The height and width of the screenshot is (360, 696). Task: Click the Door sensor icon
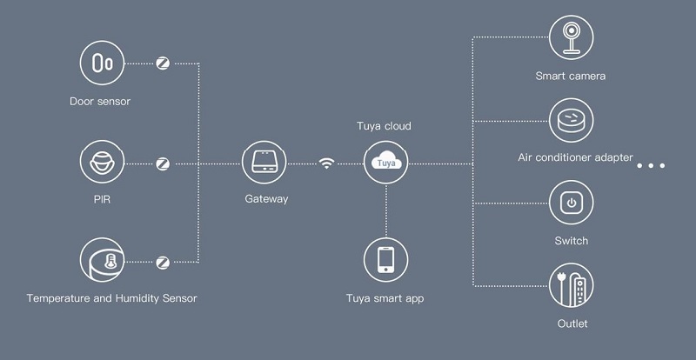point(102,63)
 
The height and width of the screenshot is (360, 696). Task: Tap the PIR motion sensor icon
point(102,163)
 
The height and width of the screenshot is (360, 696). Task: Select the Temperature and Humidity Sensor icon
point(102,261)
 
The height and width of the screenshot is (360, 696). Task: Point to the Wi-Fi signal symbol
point(326,163)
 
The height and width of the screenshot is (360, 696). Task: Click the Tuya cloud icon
point(385,163)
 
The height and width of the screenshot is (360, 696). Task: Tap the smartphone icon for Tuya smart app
point(385,261)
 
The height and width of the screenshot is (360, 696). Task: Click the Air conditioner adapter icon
point(571,119)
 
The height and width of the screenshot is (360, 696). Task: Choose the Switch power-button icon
point(571,203)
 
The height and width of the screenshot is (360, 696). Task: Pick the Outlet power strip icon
point(572,286)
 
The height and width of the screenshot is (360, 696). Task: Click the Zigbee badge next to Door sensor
point(163,63)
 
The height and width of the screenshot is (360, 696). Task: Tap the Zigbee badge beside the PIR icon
point(163,163)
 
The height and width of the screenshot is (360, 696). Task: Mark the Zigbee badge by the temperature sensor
point(163,261)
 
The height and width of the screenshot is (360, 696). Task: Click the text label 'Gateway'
point(265,199)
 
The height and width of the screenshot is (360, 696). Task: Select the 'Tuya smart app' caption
point(385,299)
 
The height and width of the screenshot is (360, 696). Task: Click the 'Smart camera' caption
point(571,76)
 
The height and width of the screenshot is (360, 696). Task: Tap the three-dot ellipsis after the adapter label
point(651,164)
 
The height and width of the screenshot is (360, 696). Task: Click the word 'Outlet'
point(572,323)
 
